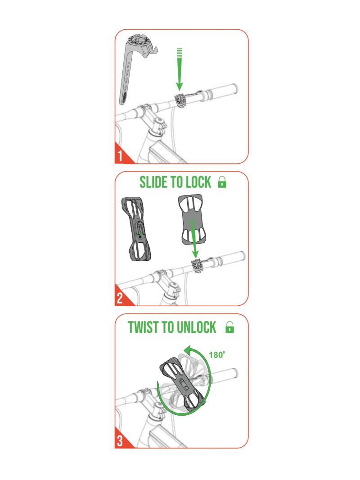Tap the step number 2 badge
pos(121,297)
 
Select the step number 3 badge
pos(121,440)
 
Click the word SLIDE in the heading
pos(154,182)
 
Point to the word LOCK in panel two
pos(199,182)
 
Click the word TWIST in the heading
pos(143,327)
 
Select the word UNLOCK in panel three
pos(196,327)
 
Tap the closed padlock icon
pos(222,182)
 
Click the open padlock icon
pos(229,327)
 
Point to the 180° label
pos(217,354)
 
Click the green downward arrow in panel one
pos(180,69)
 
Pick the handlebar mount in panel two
pos(197,265)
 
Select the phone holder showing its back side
pos(136,229)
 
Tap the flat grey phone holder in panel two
pos(192,219)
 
